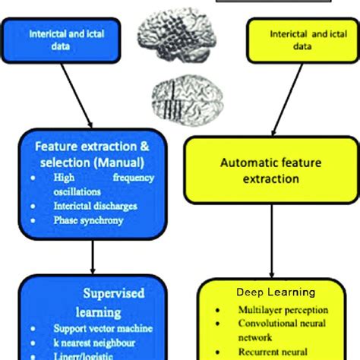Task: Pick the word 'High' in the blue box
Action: pyautogui.click(x=65, y=178)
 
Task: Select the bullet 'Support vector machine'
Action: pyautogui.click(x=103, y=329)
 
